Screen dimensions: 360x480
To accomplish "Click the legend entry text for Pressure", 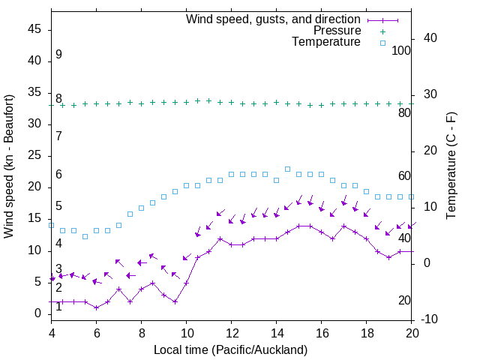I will point(337,31).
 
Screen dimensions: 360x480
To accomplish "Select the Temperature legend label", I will point(326,42).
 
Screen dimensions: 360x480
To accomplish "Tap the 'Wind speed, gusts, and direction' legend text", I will point(274,19).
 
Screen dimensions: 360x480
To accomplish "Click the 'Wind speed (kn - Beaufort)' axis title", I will point(10,166).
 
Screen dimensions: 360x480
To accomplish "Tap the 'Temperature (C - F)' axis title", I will point(451,166).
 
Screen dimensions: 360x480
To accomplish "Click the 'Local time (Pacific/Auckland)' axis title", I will point(231,349).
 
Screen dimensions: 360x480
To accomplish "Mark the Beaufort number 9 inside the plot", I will point(58,55).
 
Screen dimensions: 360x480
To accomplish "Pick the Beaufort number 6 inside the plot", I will point(58,175).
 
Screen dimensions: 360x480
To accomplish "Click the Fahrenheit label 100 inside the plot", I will point(402,50).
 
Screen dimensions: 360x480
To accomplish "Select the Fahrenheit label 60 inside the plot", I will point(405,175).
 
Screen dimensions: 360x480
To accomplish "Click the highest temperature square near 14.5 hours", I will point(288,169).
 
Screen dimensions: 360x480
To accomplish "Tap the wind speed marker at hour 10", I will point(187,283).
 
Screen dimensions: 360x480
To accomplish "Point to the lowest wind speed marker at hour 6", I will point(97,307).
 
